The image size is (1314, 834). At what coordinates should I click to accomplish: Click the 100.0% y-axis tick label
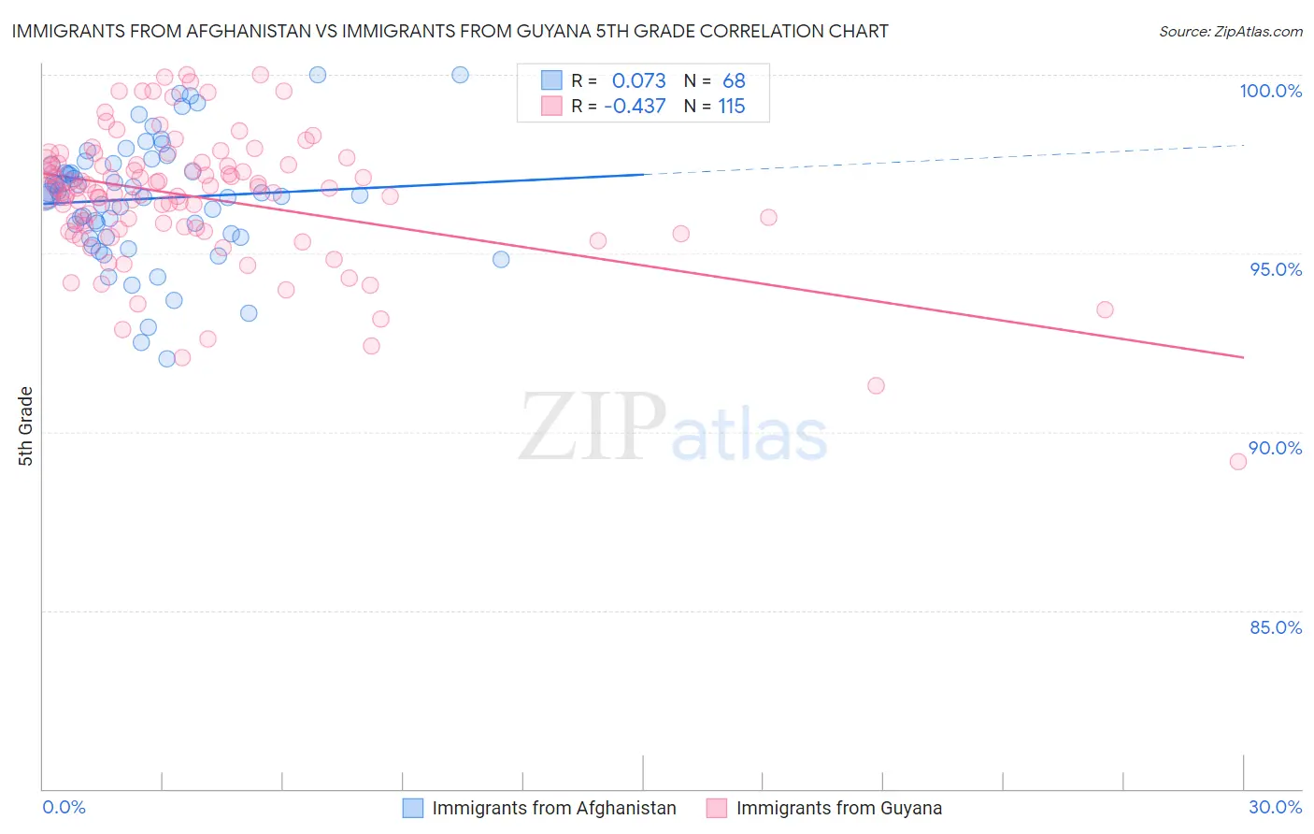point(1270,91)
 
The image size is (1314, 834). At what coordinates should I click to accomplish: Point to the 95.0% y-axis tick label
point(1276,269)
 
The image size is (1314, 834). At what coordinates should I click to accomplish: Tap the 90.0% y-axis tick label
point(1276,448)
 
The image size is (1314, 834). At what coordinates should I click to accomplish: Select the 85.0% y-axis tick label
point(1276,627)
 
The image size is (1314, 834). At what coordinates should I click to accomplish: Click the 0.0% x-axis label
point(64,807)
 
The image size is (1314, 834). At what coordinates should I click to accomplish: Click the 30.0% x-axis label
point(1275,807)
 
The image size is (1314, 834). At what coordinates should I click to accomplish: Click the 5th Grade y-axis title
point(26,426)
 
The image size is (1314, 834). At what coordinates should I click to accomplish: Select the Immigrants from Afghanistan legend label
point(554,808)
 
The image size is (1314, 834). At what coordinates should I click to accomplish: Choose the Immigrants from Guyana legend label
point(838,808)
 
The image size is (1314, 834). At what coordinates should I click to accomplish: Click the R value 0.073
point(639,81)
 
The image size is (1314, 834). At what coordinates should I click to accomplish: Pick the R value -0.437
point(635,107)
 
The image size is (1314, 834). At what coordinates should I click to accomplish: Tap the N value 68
point(734,81)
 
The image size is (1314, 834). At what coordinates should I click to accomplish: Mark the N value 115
point(732,107)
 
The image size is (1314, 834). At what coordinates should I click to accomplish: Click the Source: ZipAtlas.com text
point(1230,32)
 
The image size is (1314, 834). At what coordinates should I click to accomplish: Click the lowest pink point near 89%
point(1238,461)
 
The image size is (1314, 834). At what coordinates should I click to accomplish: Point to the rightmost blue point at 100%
point(460,75)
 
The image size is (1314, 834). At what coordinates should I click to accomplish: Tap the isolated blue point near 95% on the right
point(501,259)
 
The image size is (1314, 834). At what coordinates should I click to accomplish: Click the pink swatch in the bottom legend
point(717,808)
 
